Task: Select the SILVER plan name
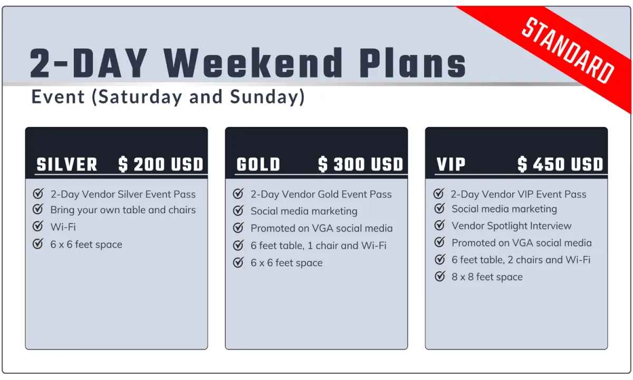[x=66, y=164]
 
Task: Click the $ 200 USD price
[x=161, y=164]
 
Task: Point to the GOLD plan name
[x=258, y=164]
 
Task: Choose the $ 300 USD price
[x=361, y=164]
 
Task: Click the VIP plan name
[x=450, y=164]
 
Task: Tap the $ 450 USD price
[x=560, y=164]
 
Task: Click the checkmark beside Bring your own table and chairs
[x=38, y=209]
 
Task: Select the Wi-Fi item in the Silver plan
[x=63, y=227]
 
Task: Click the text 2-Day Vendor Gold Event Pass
[x=321, y=195]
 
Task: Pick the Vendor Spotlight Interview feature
[x=512, y=226]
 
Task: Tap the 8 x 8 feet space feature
[x=487, y=277]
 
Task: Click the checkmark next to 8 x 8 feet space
[x=440, y=276]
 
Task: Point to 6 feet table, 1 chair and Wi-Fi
[x=319, y=246]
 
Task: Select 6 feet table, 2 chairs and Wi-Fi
[x=521, y=260]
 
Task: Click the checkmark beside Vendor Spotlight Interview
[x=440, y=225]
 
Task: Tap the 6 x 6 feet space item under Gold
[x=286, y=263]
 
